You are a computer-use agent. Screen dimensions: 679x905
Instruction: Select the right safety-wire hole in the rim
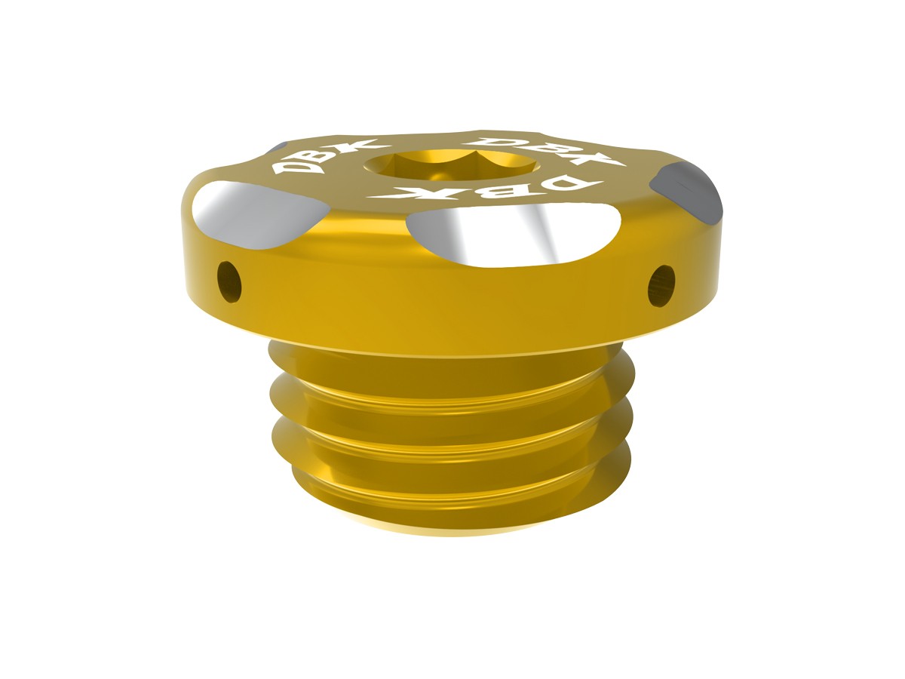pos(661,286)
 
